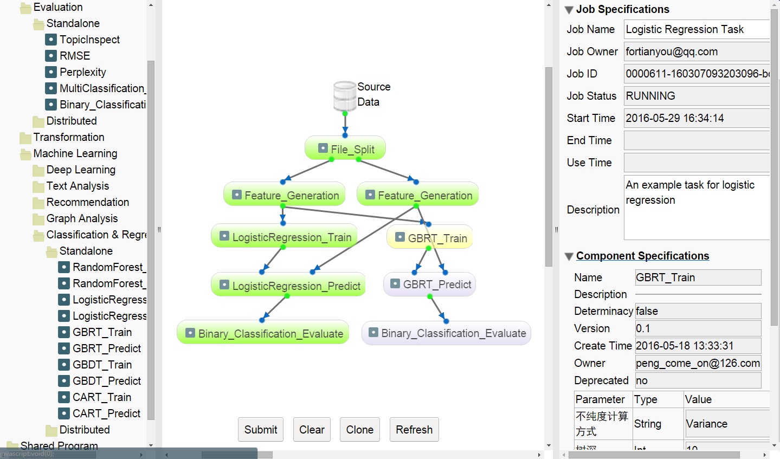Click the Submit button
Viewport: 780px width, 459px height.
[261, 430]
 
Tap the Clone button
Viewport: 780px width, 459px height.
[360, 430]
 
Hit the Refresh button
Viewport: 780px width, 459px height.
[414, 430]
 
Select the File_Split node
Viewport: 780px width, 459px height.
[345, 149]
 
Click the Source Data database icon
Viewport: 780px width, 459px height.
[345, 95]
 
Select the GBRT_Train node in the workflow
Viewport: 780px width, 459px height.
[430, 238]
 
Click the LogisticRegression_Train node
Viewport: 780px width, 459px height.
[284, 237]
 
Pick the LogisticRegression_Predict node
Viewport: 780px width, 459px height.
[288, 286]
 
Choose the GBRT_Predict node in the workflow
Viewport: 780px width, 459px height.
[430, 285]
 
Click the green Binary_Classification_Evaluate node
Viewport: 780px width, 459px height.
[263, 333]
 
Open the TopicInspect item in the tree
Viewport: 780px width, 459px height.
[89, 40]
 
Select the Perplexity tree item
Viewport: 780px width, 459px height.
[82, 72]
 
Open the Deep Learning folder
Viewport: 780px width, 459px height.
[81, 170]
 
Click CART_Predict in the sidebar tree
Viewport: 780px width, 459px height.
[106, 413]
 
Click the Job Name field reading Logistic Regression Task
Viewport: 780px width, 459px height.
[696, 29]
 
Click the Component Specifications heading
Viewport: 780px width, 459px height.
[642, 256]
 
